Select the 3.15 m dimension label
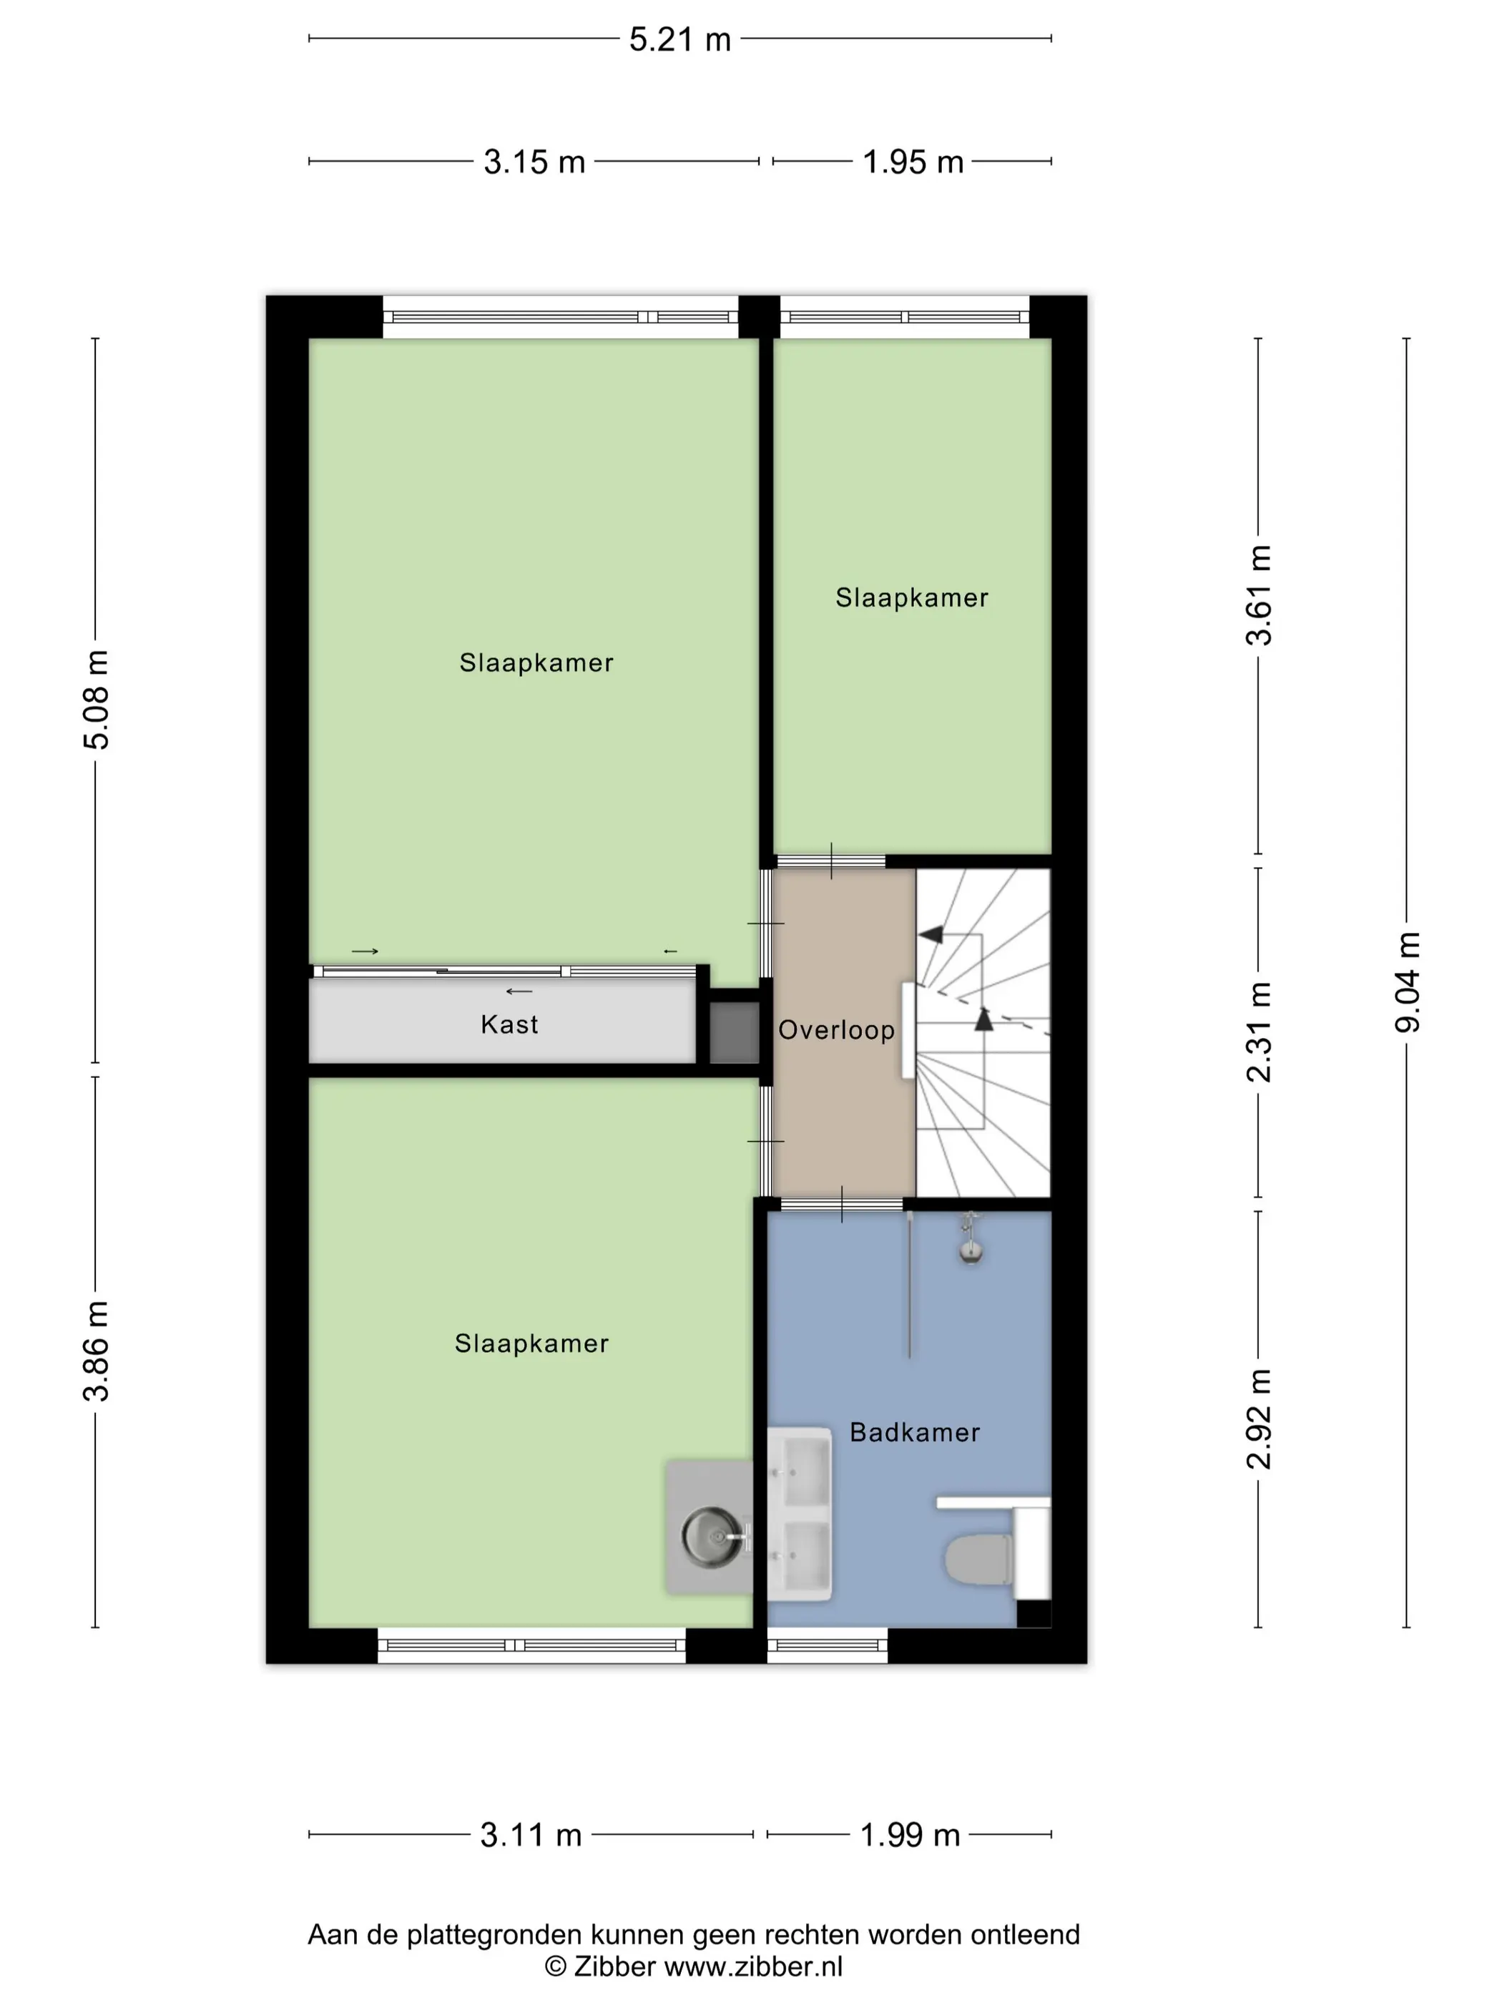534,162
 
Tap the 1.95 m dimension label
912,162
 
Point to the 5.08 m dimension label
96,699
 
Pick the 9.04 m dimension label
1408,981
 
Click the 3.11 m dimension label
531,1835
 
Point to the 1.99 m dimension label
910,1835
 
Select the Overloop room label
837,1031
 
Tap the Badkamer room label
914,1433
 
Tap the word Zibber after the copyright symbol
614,1966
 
